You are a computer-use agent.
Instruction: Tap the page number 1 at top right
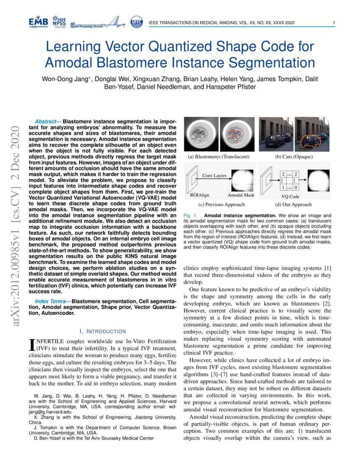[334, 22]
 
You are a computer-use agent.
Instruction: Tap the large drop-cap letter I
[31, 345]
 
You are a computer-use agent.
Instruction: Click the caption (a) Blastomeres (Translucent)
[219, 157]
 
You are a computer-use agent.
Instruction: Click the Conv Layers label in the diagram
[214, 175]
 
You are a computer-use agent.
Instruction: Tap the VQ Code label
[291, 197]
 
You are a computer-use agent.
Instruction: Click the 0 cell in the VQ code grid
[296, 187]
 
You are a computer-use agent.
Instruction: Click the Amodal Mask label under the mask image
[241, 195]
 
